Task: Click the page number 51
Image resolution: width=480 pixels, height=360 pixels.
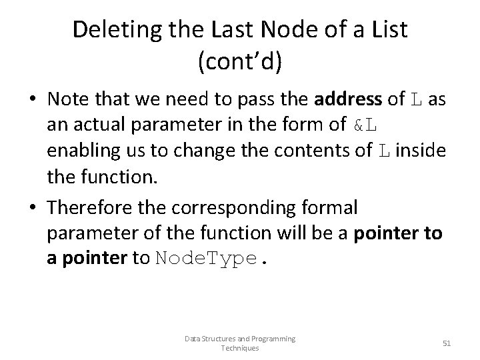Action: pyautogui.click(x=447, y=343)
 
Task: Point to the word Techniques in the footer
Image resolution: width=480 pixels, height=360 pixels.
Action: pyautogui.click(x=239, y=347)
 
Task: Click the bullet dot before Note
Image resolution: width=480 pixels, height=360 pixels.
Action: pyautogui.click(x=32, y=100)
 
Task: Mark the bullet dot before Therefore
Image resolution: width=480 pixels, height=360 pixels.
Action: pyautogui.click(x=32, y=209)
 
